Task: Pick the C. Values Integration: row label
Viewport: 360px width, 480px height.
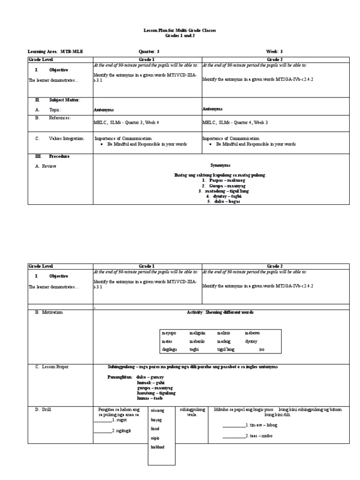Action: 60,139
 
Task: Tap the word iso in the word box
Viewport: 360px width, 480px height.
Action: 262,349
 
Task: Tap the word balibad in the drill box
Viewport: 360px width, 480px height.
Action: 157,447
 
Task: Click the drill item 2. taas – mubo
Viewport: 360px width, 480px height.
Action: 247,436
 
